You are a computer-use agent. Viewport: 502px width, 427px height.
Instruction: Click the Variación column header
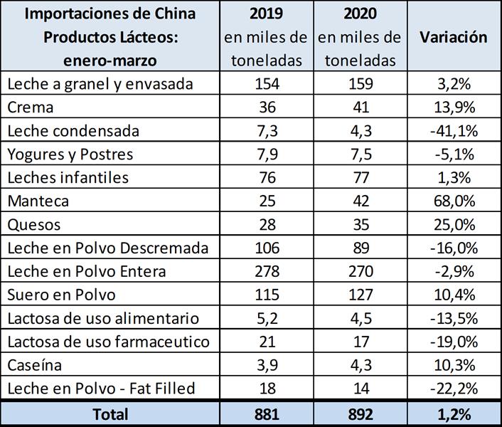(x=453, y=37)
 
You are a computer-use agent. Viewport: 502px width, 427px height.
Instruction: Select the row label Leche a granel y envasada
(x=100, y=84)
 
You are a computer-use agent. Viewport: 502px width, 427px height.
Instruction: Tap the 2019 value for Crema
(x=266, y=107)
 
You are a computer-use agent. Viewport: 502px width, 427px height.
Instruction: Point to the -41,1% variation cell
(x=453, y=131)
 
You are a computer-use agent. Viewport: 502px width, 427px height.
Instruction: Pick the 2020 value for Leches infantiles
(x=359, y=178)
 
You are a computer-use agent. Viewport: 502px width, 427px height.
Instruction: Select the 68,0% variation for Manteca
(x=453, y=201)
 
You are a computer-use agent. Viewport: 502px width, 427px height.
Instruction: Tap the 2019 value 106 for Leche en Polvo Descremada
(x=266, y=248)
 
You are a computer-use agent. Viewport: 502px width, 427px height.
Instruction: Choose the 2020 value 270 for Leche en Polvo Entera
(x=359, y=271)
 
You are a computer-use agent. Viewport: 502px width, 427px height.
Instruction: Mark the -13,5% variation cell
(x=453, y=317)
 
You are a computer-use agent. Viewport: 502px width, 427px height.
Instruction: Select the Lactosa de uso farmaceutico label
(x=108, y=341)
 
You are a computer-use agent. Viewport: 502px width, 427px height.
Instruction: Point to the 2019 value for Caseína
(x=266, y=364)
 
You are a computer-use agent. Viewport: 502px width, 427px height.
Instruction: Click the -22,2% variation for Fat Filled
(x=453, y=388)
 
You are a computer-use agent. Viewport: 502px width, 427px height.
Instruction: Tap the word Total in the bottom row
(x=110, y=413)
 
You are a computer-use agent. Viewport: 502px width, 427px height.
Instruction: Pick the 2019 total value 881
(x=266, y=413)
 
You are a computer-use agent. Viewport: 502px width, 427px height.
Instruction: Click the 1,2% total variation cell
(x=453, y=413)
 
